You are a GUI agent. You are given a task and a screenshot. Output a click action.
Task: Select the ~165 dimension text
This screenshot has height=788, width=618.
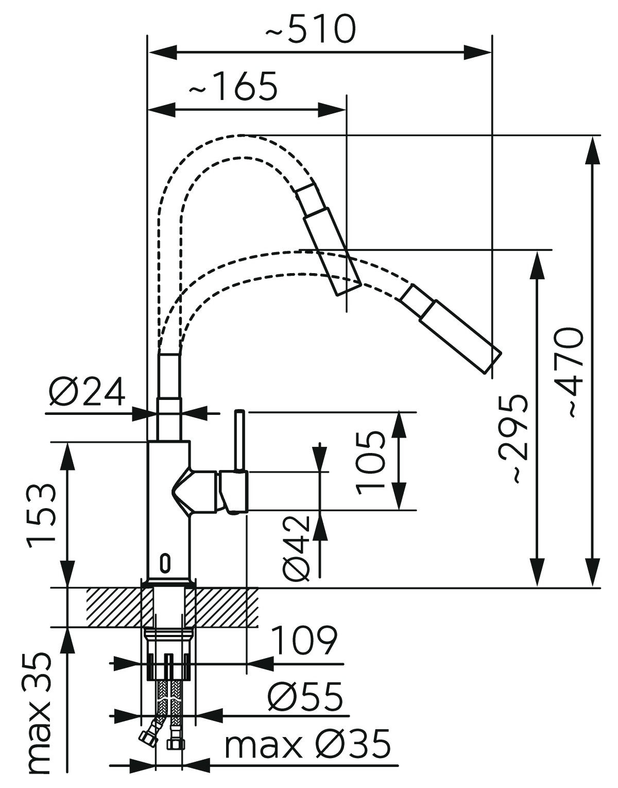[233, 87]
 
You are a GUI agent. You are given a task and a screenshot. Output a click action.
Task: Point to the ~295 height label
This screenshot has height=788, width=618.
[513, 438]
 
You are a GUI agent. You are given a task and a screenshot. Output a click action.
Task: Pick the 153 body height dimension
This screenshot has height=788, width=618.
[42, 515]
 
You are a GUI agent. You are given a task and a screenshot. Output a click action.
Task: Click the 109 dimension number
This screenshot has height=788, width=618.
[304, 641]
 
